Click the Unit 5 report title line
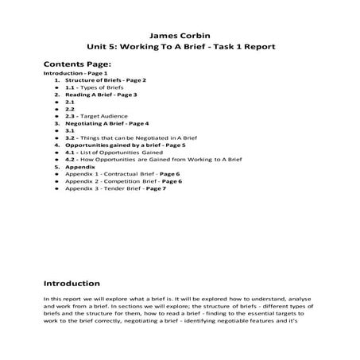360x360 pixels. tap(180, 47)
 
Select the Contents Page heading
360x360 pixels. tap(77, 64)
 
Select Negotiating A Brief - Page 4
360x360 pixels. tap(106, 124)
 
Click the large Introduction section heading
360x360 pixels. tap(72, 283)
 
